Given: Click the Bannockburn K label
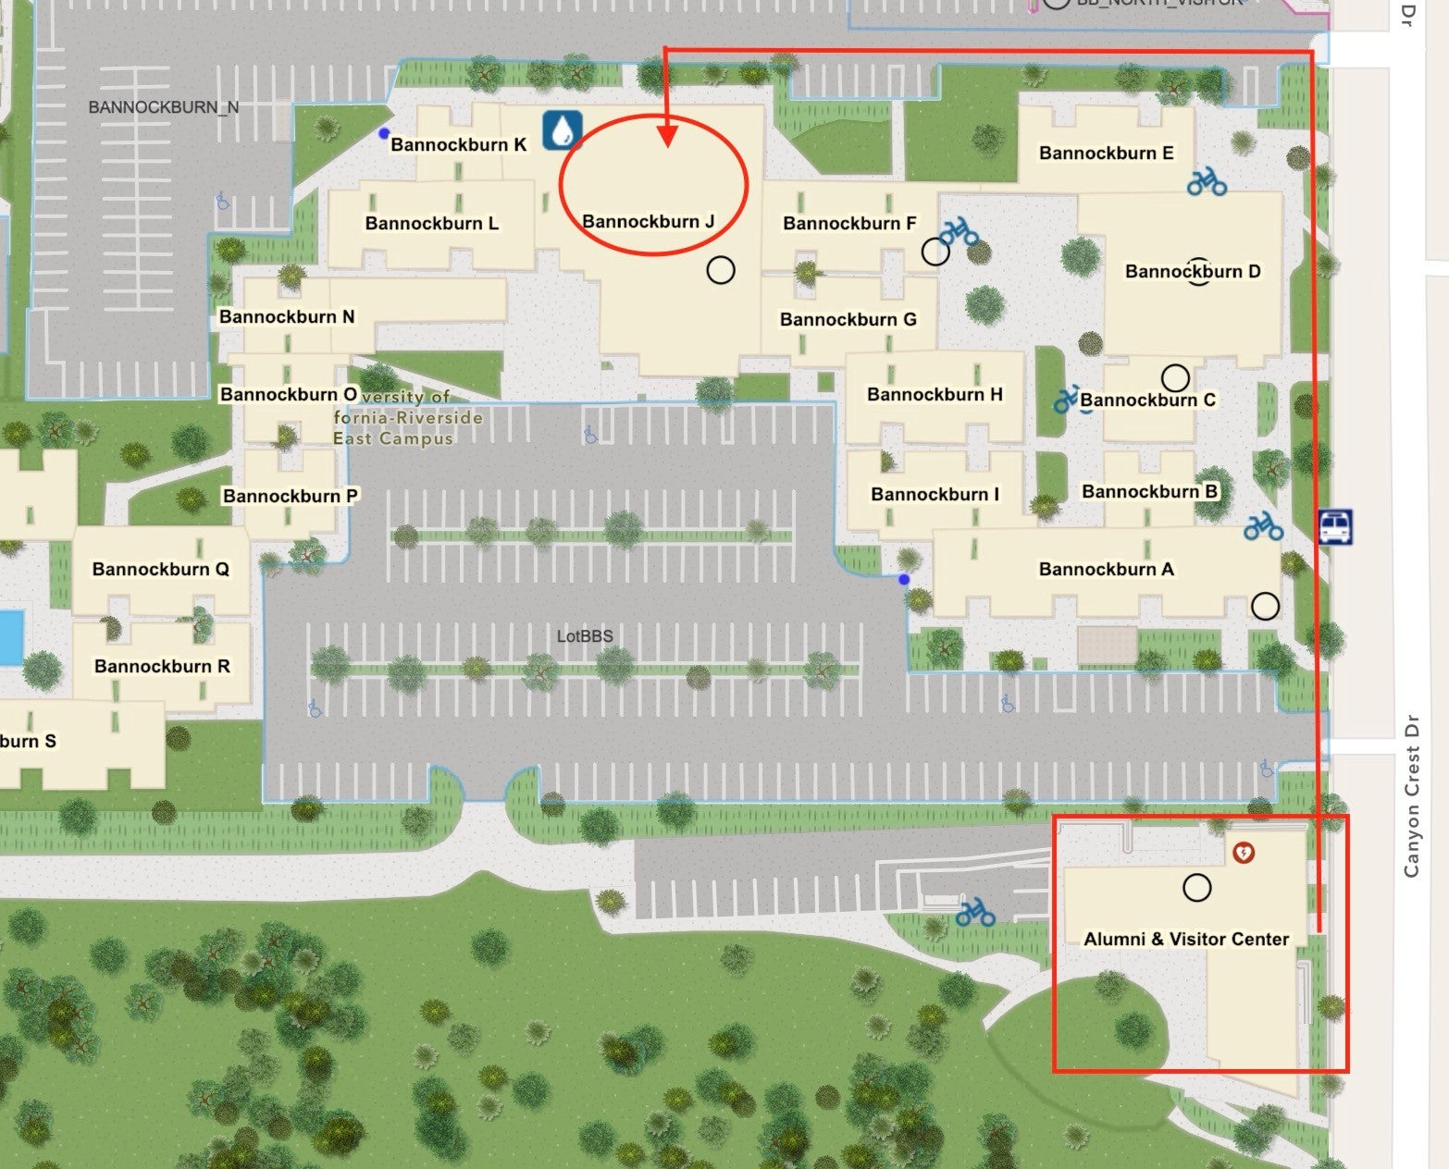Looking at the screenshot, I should (x=458, y=144).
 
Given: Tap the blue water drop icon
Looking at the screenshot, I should (x=562, y=130).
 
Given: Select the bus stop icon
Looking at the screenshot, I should (x=1335, y=527).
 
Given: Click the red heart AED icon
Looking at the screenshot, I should (x=1244, y=851).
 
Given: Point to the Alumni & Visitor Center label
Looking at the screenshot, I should (x=1186, y=939).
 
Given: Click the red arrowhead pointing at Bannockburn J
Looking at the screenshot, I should (x=667, y=137).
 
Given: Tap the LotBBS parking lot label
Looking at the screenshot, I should (x=585, y=635).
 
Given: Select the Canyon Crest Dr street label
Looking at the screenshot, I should (x=1411, y=795).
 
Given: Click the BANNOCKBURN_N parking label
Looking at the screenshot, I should (x=163, y=107).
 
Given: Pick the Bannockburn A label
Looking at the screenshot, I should (x=1106, y=569).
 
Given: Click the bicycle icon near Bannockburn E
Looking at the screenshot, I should (x=1207, y=181).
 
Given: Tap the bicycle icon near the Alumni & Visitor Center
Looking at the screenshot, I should (x=975, y=913).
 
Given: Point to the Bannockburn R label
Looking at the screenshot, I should (x=162, y=666).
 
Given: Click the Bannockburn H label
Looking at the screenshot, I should (x=935, y=394).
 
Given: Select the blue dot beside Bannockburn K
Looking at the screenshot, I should (x=384, y=133).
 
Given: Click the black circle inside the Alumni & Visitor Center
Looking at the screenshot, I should (x=1196, y=888).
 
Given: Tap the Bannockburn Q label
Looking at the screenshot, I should (x=160, y=569).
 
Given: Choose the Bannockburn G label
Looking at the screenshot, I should (x=848, y=319).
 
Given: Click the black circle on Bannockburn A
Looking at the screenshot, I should (x=1265, y=606).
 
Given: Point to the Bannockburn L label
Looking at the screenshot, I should (x=431, y=223).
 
